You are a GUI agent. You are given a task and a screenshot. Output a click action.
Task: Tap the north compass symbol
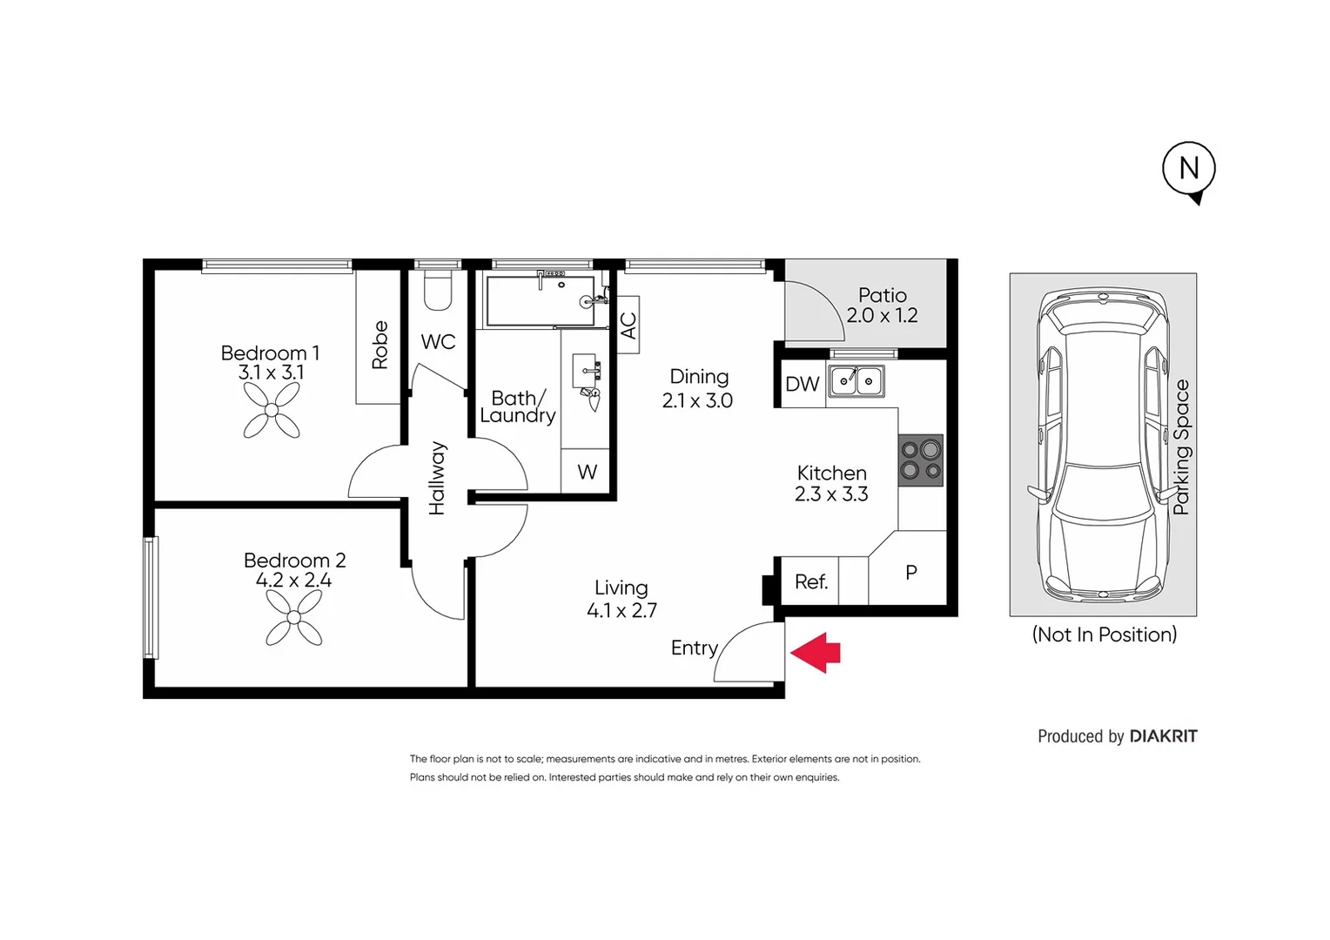click(1189, 169)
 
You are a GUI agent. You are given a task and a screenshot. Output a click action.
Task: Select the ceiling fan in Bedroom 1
click(272, 410)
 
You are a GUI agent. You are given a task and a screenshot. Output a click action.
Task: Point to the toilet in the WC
click(438, 291)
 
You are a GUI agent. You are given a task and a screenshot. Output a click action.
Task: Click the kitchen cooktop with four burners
click(921, 460)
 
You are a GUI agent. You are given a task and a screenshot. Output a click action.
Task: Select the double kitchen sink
click(856, 381)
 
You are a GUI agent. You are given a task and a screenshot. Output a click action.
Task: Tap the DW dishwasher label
click(802, 384)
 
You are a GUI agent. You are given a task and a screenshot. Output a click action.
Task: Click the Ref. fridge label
click(810, 581)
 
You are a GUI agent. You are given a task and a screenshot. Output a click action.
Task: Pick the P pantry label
click(910, 573)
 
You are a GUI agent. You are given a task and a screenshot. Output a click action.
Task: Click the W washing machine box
click(587, 472)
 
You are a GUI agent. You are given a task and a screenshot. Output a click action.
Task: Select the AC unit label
click(628, 326)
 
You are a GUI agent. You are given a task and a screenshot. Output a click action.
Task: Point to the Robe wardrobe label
click(380, 345)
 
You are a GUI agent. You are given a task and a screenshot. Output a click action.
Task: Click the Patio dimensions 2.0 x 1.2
click(882, 315)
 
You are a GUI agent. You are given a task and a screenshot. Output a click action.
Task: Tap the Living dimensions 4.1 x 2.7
click(621, 610)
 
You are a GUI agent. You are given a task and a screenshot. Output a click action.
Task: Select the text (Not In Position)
click(1104, 634)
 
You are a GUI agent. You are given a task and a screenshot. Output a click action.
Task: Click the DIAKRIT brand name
click(1163, 736)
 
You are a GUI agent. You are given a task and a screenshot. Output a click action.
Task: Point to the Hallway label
click(437, 478)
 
